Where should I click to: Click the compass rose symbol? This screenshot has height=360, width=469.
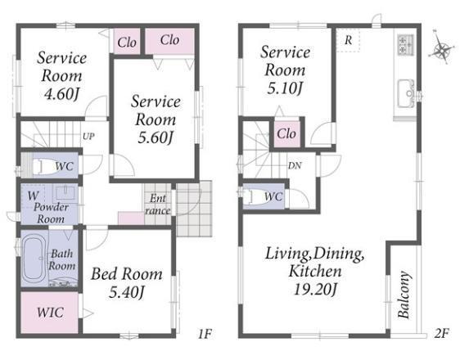click(441, 47)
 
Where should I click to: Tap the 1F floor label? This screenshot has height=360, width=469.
click(205, 334)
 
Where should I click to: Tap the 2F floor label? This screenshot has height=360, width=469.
click(442, 333)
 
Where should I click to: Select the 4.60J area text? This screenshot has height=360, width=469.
click(61, 94)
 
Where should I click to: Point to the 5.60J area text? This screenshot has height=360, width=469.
click(156, 137)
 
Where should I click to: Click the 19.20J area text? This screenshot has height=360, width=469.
click(315, 289)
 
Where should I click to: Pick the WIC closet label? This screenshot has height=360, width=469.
click(50, 313)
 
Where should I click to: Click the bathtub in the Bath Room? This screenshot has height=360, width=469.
click(35, 259)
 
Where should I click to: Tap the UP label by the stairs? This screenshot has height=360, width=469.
click(88, 137)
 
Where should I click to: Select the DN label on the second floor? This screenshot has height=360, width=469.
click(295, 165)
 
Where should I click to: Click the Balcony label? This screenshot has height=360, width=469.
click(404, 295)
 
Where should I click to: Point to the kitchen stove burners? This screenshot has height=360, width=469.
click(406, 44)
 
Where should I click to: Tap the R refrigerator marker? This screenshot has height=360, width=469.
click(348, 40)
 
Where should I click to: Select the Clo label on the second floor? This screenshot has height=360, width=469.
click(286, 133)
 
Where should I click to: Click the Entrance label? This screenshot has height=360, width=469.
click(158, 205)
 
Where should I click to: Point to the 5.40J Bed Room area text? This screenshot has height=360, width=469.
click(127, 292)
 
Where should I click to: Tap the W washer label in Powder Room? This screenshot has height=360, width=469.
click(33, 196)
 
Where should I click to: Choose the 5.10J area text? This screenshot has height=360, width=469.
click(285, 88)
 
